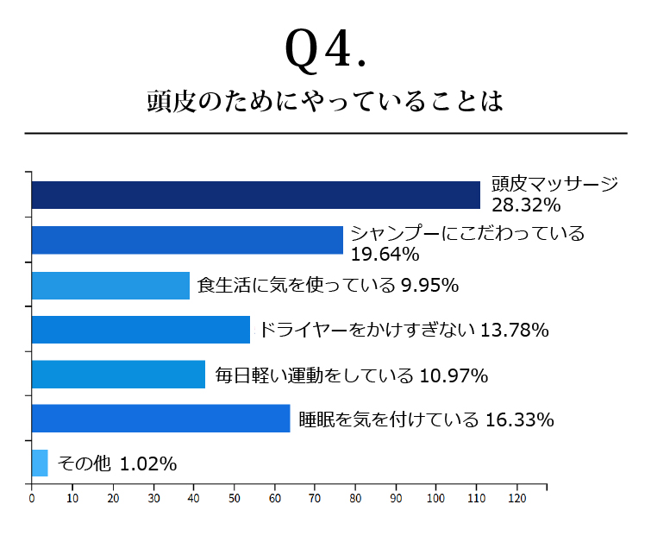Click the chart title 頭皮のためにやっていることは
[x=325, y=102]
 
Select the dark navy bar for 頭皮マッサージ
[x=255, y=195]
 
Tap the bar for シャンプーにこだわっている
[x=187, y=240]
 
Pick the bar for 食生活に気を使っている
[x=110, y=285]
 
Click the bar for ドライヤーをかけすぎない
[x=141, y=330]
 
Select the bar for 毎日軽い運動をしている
[x=118, y=375]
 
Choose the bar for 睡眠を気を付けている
[x=160, y=419]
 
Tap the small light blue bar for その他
[x=40, y=463]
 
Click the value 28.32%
[x=526, y=206]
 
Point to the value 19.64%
[x=385, y=254]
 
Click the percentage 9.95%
[x=429, y=285]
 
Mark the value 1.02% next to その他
[x=148, y=464]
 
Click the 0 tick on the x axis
[x=32, y=498]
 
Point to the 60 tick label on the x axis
[x=275, y=498]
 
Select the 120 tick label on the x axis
[x=517, y=498]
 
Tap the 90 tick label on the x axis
[x=396, y=498]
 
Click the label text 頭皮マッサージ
[x=554, y=184]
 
